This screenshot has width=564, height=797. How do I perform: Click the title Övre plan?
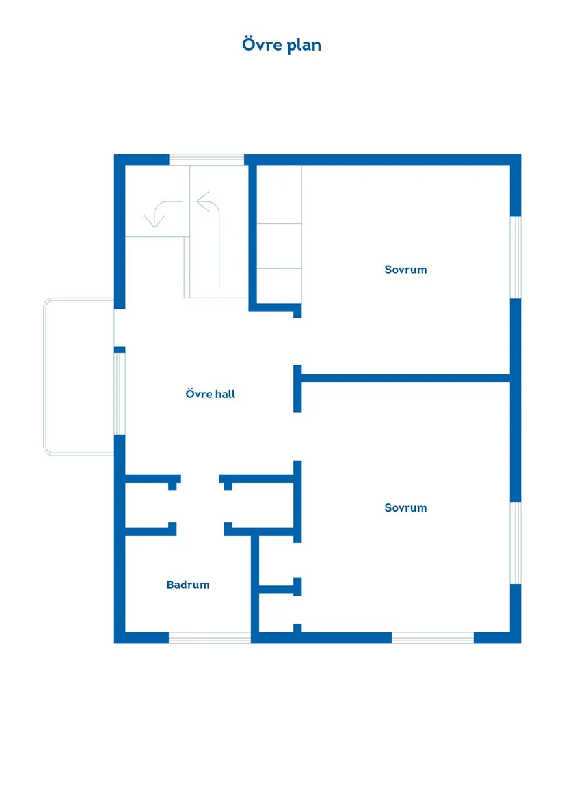(282, 45)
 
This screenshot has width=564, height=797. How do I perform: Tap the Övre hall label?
(211, 394)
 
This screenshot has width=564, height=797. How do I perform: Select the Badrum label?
(188, 585)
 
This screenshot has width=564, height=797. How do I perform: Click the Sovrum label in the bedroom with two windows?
(405, 507)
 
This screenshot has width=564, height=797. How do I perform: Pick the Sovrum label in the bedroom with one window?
(405, 270)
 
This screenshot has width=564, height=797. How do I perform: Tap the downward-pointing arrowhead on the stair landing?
(155, 222)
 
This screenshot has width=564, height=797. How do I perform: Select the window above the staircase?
(206, 160)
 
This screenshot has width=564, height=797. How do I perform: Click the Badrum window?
(210, 638)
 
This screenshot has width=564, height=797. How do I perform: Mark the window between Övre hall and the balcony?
(120, 393)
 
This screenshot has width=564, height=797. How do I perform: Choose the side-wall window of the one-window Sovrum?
(516, 257)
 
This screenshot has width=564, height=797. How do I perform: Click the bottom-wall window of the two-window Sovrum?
(432, 638)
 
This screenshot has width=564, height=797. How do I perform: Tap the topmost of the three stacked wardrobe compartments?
(279, 195)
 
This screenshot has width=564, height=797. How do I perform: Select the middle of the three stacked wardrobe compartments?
(279, 246)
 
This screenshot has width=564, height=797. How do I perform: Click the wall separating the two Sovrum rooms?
(406, 378)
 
